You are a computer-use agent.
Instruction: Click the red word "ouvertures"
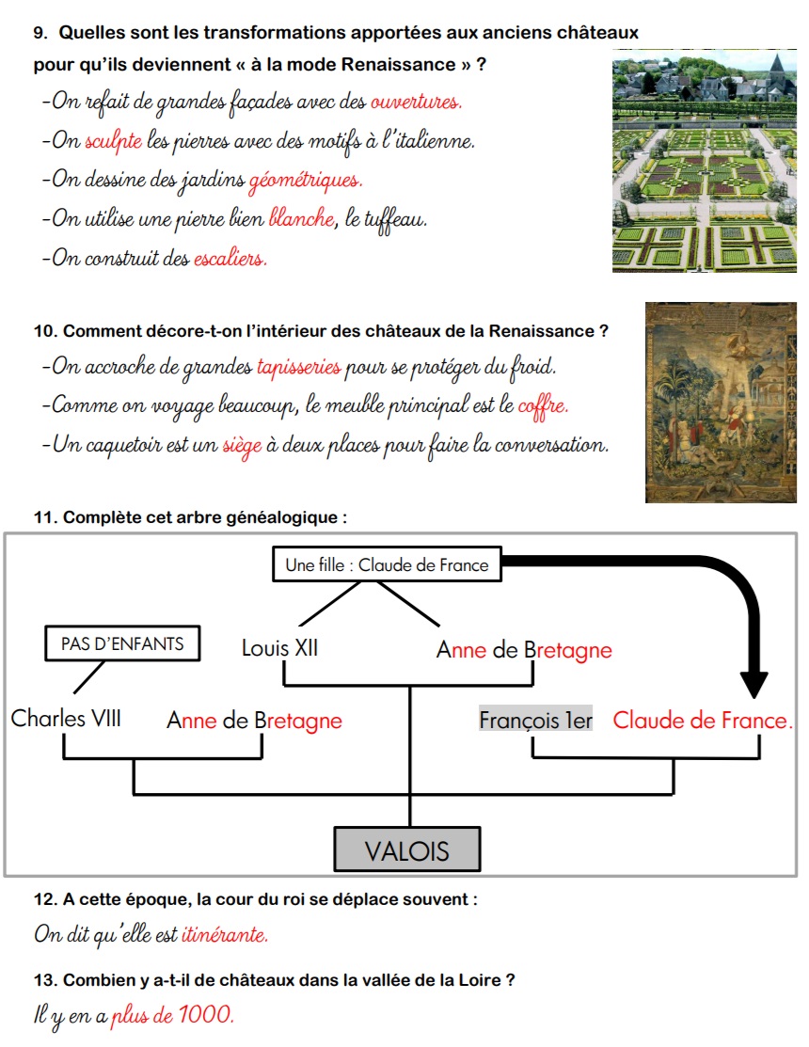click(416, 103)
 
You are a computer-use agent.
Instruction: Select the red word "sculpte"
click(113, 142)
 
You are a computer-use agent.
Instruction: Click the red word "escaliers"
click(230, 258)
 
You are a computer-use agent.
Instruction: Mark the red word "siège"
click(242, 445)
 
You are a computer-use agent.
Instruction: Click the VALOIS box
click(407, 851)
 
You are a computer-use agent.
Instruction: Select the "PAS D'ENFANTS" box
click(122, 644)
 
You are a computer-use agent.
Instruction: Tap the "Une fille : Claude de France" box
click(387, 565)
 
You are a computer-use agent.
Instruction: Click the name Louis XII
click(279, 648)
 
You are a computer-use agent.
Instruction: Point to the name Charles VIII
click(66, 719)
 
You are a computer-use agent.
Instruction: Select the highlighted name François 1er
click(535, 720)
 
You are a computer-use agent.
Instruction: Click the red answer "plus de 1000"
click(172, 1016)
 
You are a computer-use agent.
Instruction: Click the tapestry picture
click(721, 402)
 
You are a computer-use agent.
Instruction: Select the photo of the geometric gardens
click(704, 161)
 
